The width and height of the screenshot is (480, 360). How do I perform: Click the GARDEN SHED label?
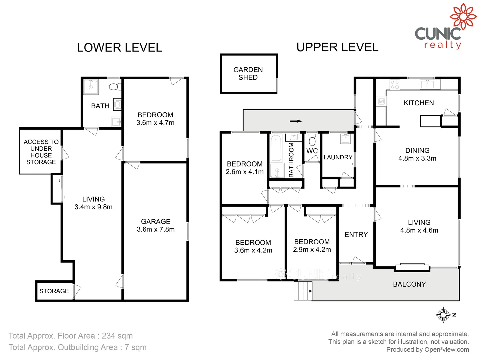click(x=248, y=73)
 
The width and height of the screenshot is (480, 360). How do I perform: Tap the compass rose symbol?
click(x=444, y=315)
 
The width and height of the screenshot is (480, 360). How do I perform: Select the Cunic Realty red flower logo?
click(x=463, y=16)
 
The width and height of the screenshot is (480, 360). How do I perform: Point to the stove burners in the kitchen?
click(x=395, y=85)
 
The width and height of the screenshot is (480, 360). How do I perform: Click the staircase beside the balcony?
click(x=303, y=291)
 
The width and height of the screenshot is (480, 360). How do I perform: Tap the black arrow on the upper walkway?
click(x=296, y=121)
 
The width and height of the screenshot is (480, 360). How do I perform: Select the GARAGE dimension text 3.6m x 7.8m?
click(x=156, y=229)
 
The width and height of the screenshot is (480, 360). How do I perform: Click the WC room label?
click(x=312, y=151)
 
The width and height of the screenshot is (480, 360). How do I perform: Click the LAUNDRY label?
click(x=338, y=157)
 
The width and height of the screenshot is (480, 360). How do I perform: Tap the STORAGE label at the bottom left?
click(x=54, y=291)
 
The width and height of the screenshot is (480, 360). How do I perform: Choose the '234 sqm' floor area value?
click(x=117, y=336)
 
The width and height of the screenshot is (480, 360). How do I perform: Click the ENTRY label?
click(x=356, y=235)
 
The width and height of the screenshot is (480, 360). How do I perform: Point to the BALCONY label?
click(x=409, y=284)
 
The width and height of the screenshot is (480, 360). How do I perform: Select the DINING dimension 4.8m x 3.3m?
click(x=417, y=159)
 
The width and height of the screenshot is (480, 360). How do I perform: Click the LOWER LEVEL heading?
click(x=119, y=48)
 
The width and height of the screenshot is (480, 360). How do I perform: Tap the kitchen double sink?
click(x=427, y=84)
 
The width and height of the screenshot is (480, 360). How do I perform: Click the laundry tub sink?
click(x=345, y=138)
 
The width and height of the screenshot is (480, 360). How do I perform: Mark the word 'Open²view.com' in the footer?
click(x=447, y=350)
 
